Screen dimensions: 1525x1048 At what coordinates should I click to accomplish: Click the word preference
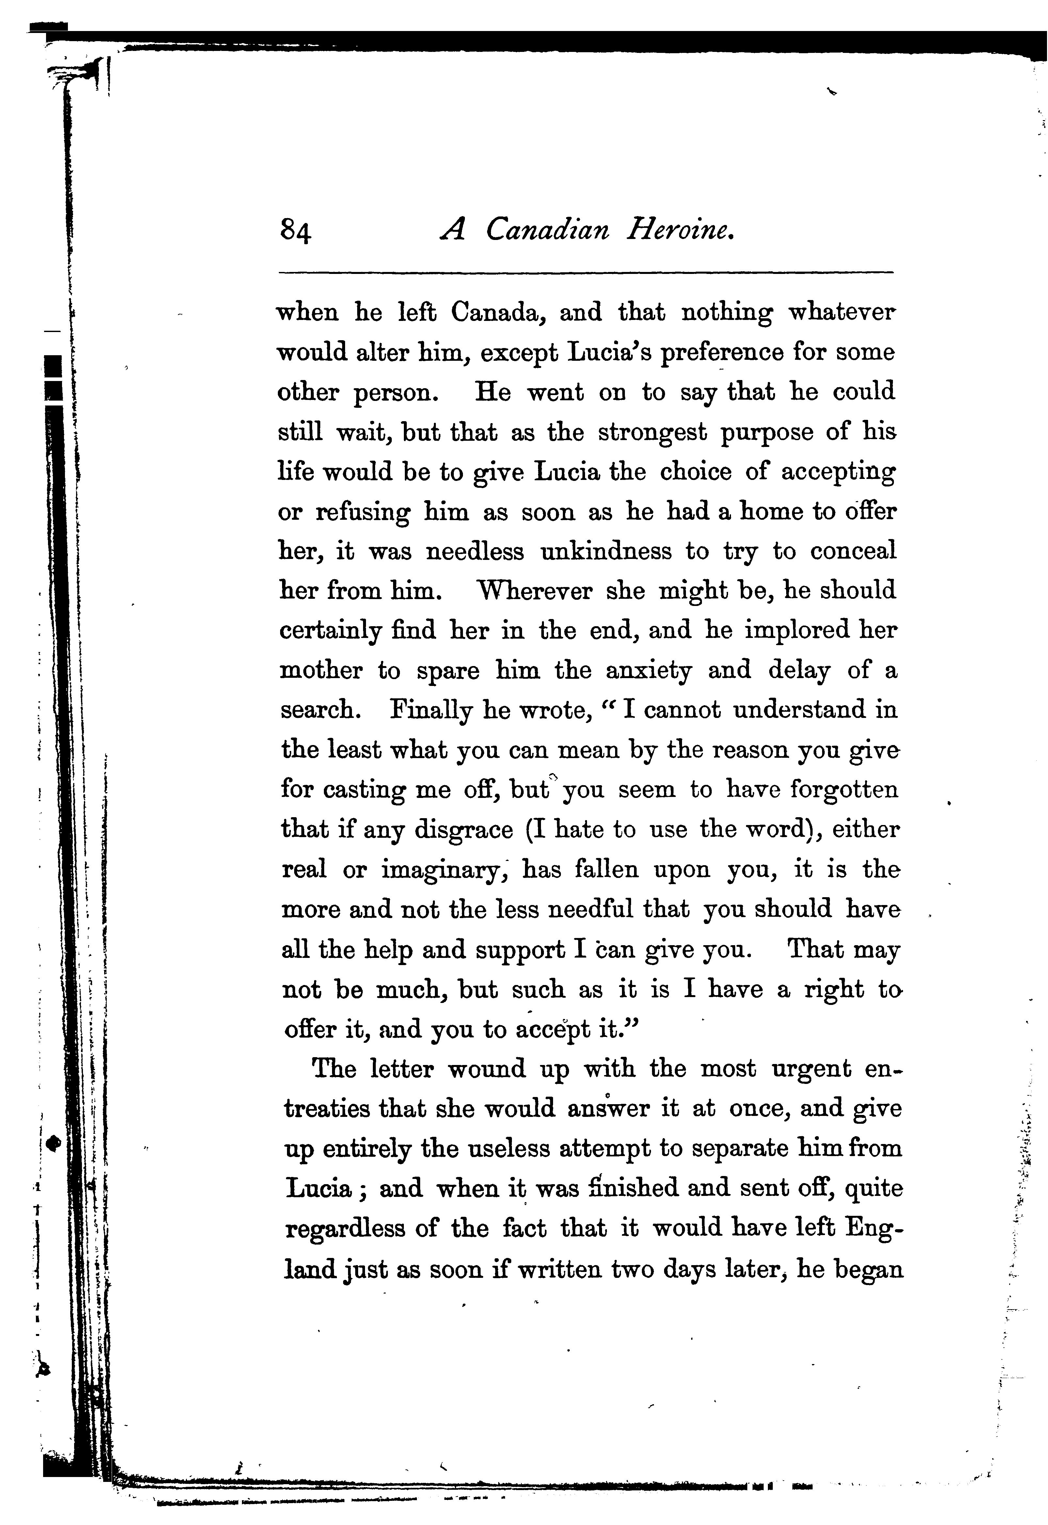(721, 353)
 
